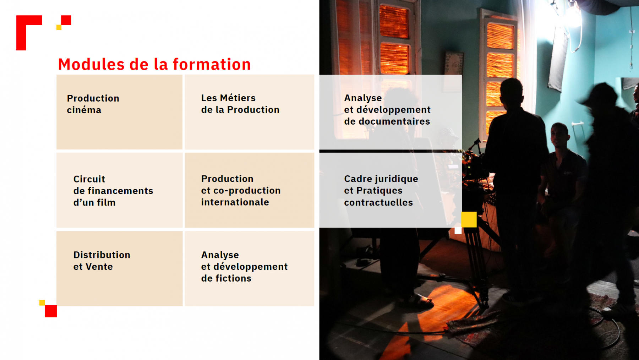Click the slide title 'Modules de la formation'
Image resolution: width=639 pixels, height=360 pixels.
point(154,64)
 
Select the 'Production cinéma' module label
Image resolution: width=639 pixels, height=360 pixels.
point(93,104)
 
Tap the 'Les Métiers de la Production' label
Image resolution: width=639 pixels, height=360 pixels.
point(240,104)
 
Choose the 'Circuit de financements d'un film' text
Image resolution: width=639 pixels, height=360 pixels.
point(113,191)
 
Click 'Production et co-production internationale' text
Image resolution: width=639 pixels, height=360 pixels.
point(241,190)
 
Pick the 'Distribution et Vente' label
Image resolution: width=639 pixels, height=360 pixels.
point(102,261)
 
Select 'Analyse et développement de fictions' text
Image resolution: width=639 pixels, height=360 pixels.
point(244,267)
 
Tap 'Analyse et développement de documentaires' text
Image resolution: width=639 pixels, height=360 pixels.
point(387,109)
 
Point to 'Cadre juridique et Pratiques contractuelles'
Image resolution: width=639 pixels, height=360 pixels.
point(381,191)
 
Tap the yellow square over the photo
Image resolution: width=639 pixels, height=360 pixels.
point(469,219)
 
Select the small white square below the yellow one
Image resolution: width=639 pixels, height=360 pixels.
point(458,230)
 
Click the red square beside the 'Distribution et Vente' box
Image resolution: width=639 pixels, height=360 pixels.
point(51,311)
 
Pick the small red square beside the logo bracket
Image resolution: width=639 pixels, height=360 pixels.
point(66,20)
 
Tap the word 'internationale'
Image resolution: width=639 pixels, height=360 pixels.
point(235,202)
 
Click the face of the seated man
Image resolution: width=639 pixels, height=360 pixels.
point(559,135)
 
